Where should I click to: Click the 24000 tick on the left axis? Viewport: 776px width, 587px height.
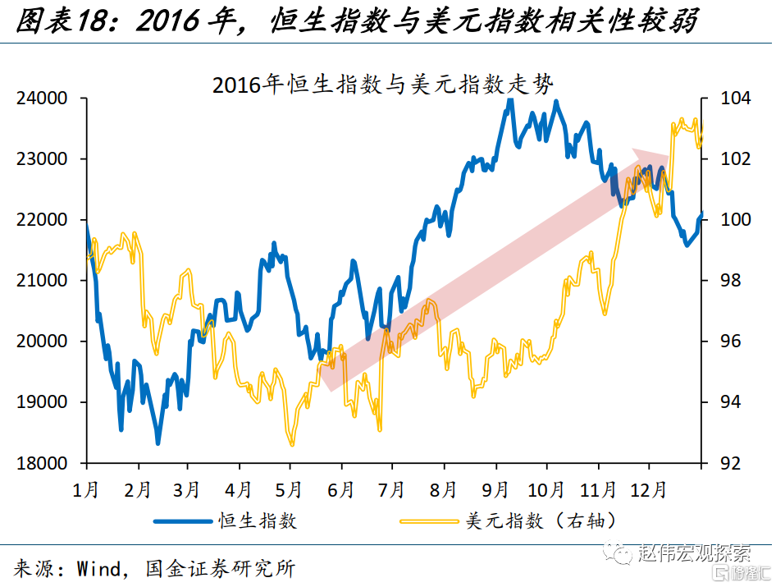[x=43, y=99]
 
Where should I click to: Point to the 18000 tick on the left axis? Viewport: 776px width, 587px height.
[x=43, y=463]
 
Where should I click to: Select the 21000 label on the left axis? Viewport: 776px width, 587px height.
[x=43, y=281]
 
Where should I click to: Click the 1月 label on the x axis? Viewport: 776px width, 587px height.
[x=86, y=490]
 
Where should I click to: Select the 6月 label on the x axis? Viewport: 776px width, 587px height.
[x=341, y=490]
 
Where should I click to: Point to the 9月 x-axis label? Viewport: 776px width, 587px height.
[x=495, y=490]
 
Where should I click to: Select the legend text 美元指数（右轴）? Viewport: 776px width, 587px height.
[x=541, y=521]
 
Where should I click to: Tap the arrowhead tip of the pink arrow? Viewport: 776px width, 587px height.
[x=672, y=154]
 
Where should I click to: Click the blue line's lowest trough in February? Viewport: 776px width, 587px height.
[x=157, y=443]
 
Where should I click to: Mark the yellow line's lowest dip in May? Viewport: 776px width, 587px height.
[x=292, y=444]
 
